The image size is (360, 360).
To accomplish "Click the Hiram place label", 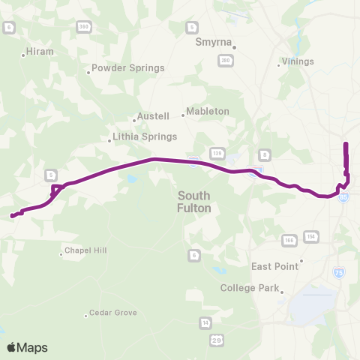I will point(40,52).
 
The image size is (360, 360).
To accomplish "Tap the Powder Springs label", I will point(127,68).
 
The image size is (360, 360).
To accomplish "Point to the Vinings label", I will point(297,61).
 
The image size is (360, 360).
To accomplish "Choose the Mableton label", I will point(208,111).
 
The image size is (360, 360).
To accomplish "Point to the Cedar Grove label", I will point(111,313).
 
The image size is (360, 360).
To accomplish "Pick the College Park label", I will point(250,288).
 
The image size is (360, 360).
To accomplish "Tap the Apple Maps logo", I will point(27,347).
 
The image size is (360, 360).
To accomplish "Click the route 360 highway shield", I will point(82,26).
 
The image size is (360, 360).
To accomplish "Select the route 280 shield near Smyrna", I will point(224,59).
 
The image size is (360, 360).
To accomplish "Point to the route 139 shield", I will point(215,151).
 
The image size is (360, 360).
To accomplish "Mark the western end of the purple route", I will point(12,217).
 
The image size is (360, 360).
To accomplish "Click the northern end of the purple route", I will point(346,143).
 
